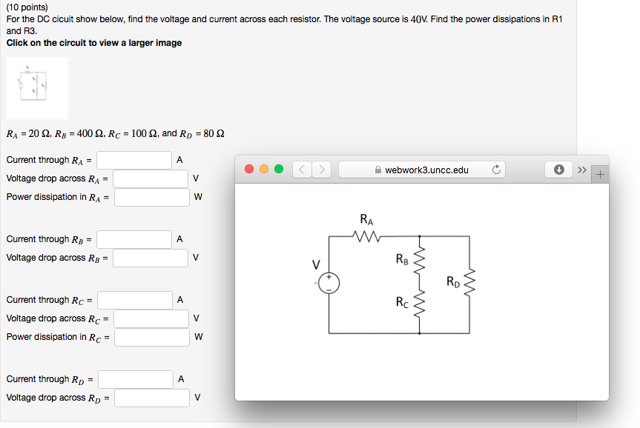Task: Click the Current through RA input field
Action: click(x=134, y=160)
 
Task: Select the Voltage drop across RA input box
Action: click(x=151, y=178)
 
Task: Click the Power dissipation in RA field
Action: click(x=151, y=197)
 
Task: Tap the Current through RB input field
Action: click(x=134, y=239)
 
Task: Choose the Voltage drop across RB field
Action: click(x=151, y=258)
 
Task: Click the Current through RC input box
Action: click(x=135, y=300)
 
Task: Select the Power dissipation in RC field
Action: click(x=151, y=337)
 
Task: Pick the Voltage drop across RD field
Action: click(x=151, y=398)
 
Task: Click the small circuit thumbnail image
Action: click(x=37, y=88)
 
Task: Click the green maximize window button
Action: click(x=278, y=170)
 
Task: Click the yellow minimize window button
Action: click(x=265, y=170)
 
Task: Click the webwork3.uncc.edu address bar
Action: click(x=421, y=170)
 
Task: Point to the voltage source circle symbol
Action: click(x=329, y=283)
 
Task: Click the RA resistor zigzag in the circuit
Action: click(x=366, y=237)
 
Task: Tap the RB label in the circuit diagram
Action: click(x=401, y=259)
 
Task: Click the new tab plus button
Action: click(x=599, y=175)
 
